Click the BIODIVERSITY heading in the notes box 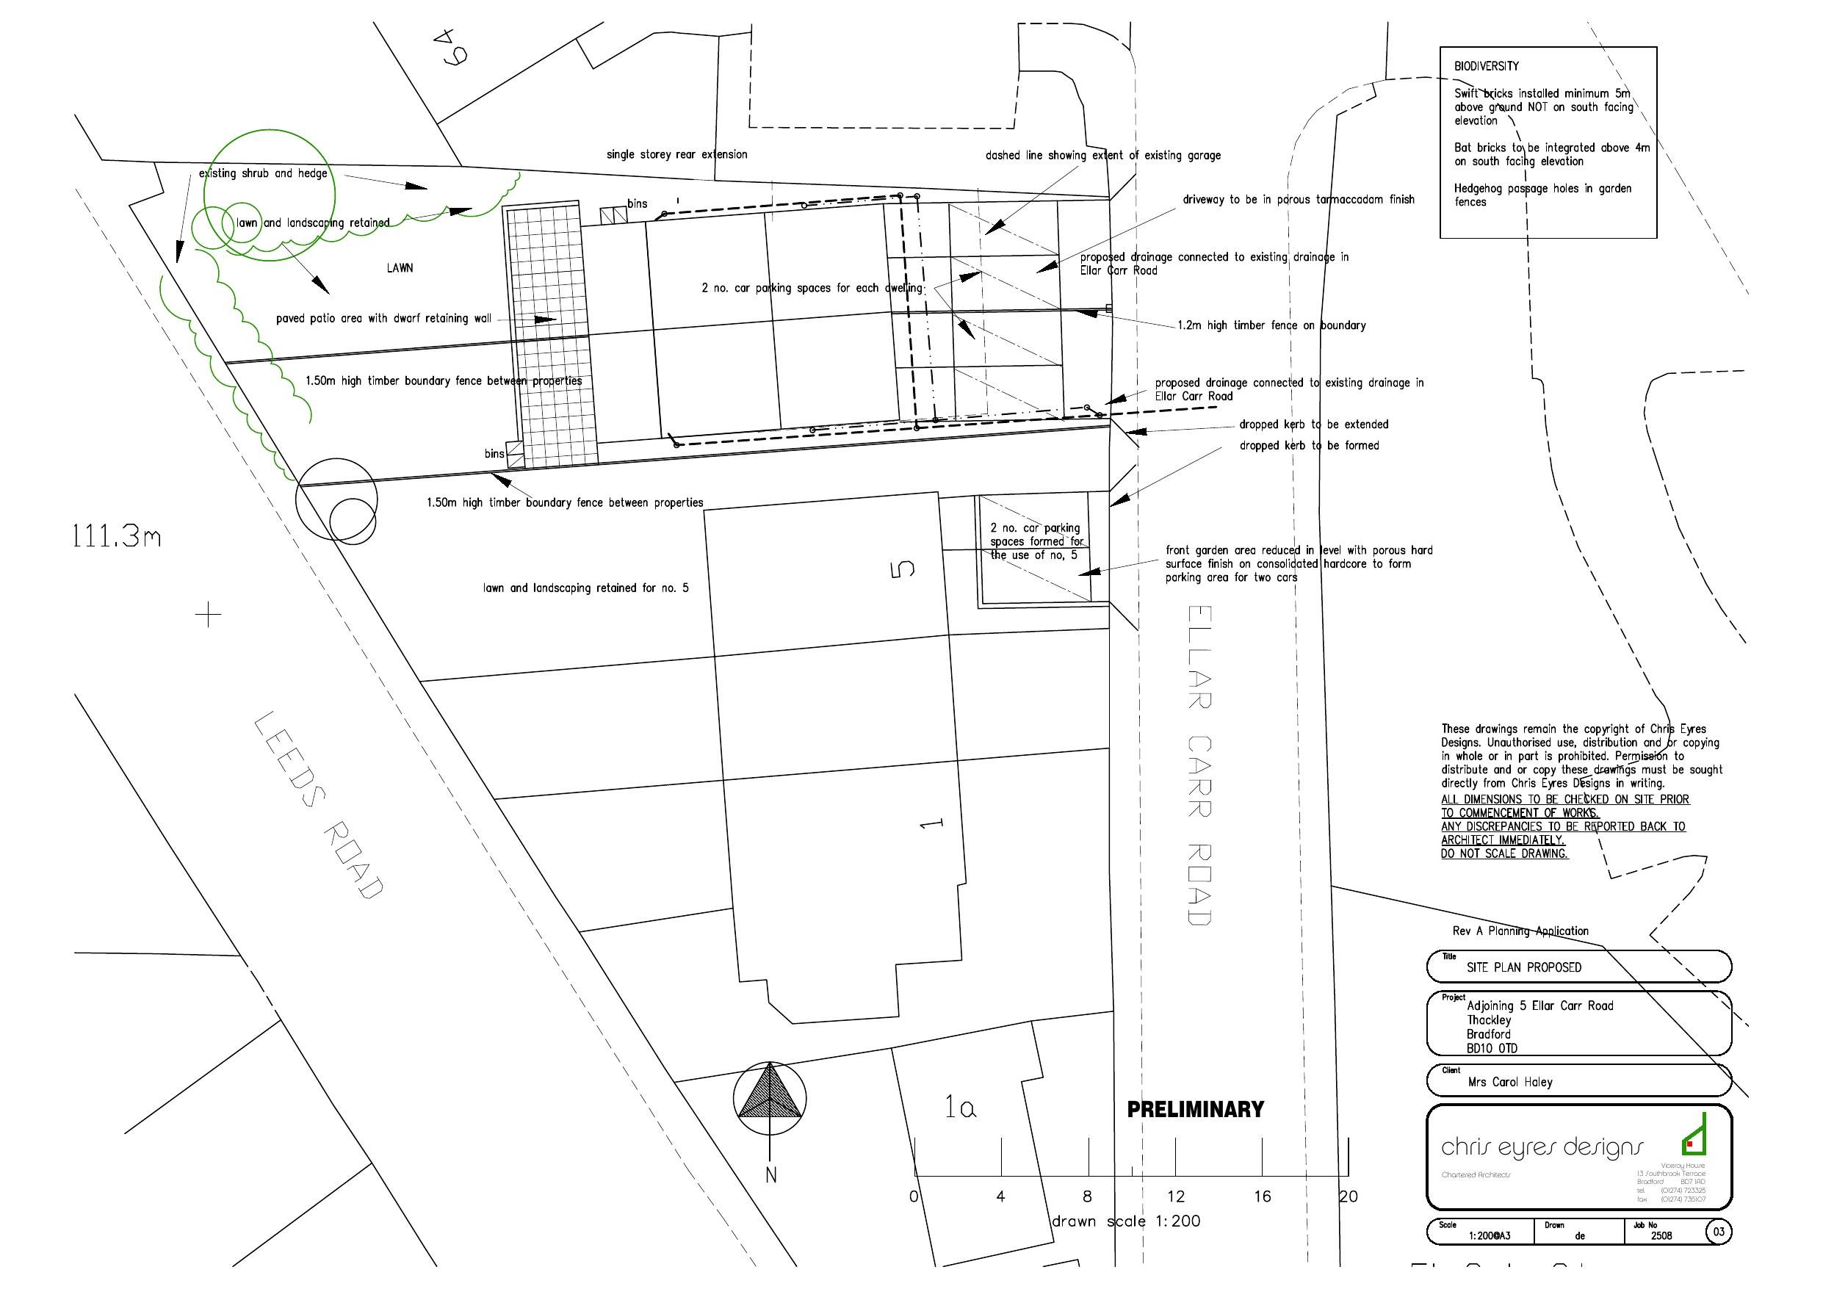click(1487, 67)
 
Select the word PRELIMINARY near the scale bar click(1195, 1110)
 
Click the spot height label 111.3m click(117, 538)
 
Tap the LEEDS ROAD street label click(320, 806)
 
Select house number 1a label click(960, 1107)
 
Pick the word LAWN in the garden click(400, 268)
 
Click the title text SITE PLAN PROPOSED click(1523, 967)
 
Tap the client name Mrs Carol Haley click(1509, 1082)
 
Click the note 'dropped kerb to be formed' click(1309, 446)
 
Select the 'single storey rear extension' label click(676, 155)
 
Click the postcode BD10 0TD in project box click(1492, 1048)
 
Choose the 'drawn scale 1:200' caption click(1126, 1221)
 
